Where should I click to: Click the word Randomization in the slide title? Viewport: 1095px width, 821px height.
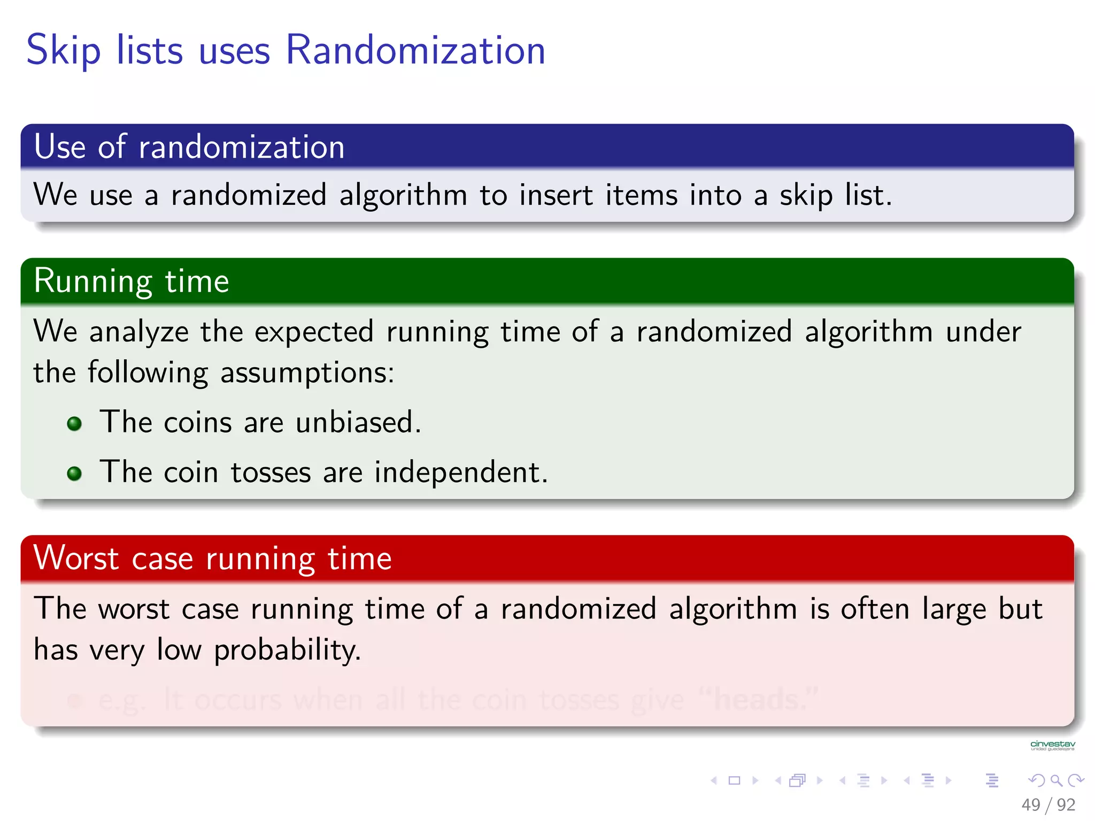(x=415, y=50)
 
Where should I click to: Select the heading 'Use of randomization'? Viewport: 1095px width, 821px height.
(x=189, y=147)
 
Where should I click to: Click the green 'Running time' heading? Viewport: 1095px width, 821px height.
(x=132, y=281)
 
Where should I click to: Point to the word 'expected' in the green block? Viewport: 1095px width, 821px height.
(x=313, y=332)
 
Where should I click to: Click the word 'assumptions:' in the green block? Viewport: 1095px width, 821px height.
(x=307, y=373)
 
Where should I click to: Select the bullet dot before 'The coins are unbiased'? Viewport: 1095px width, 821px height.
(x=74, y=424)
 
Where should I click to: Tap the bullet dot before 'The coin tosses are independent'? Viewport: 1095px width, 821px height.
(x=74, y=474)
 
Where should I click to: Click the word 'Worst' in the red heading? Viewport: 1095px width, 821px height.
(x=76, y=559)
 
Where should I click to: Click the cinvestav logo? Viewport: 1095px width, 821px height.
(x=1052, y=745)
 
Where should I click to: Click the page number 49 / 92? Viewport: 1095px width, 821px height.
(x=1048, y=804)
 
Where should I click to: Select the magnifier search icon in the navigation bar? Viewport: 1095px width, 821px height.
(x=1056, y=781)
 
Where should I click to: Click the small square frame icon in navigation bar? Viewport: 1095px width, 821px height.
(x=735, y=781)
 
